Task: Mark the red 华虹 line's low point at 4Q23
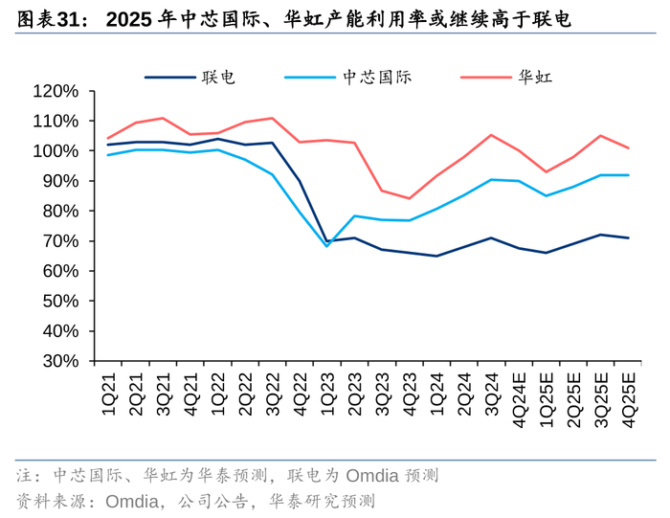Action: (410, 198)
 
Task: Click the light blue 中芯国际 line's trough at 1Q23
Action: (327, 246)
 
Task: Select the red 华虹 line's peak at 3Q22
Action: (273, 118)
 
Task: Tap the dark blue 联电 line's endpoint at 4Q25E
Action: (629, 237)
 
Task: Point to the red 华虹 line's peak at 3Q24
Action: (492, 135)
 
